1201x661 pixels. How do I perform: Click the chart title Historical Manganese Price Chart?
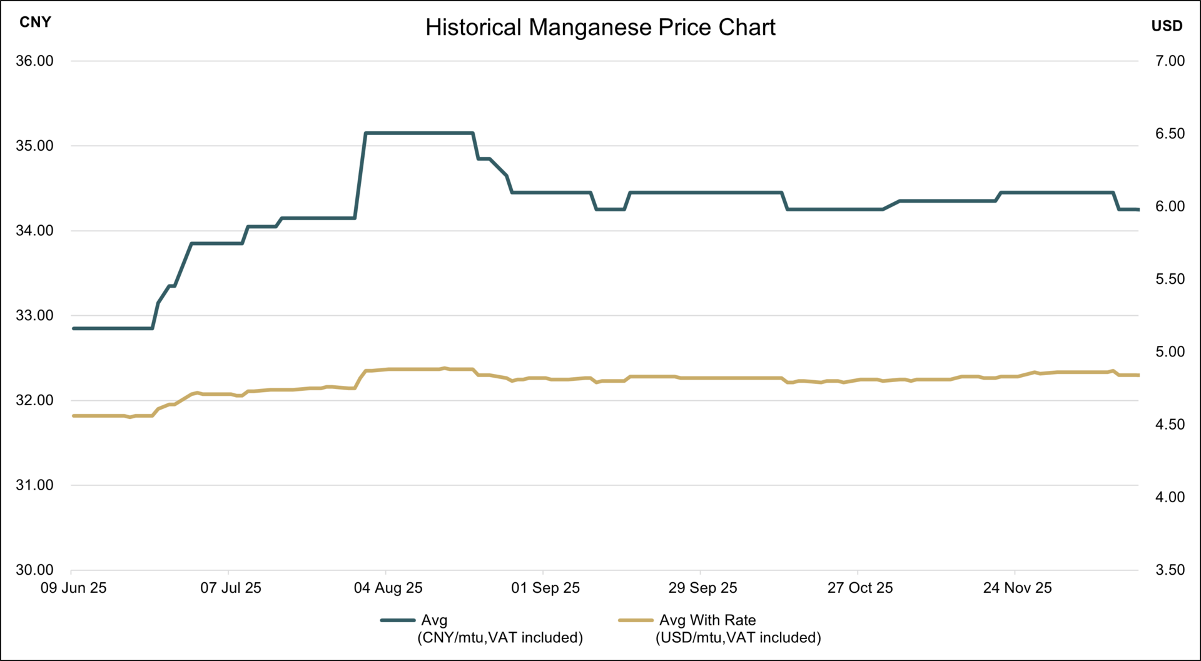pos(600,28)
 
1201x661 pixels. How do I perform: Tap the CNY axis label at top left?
pos(35,23)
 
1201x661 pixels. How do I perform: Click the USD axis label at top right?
pos(1167,26)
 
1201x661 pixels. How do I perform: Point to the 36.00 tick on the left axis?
pos(34,61)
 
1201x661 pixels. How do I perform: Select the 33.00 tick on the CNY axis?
pos(34,316)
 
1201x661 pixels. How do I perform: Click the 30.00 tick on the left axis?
pos(34,570)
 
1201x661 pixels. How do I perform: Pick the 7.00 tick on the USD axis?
pos(1170,61)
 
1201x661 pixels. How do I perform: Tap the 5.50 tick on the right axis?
pos(1170,279)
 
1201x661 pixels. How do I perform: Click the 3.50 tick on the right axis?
pos(1170,570)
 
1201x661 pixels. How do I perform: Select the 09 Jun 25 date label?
pos(73,588)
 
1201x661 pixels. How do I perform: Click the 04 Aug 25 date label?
pos(388,588)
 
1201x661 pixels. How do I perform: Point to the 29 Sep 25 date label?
pos(702,588)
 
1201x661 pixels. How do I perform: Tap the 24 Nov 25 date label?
pos(1017,588)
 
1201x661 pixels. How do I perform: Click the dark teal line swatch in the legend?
pos(398,620)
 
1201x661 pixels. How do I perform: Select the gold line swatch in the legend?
pos(636,620)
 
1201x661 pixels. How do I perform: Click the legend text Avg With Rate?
pos(707,620)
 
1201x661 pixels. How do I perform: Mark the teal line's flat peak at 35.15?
pos(419,133)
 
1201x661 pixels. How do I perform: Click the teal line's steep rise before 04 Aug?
pos(360,175)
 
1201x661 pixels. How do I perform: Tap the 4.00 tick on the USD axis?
pos(1170,497)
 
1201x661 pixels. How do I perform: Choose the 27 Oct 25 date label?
pos(860,588)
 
